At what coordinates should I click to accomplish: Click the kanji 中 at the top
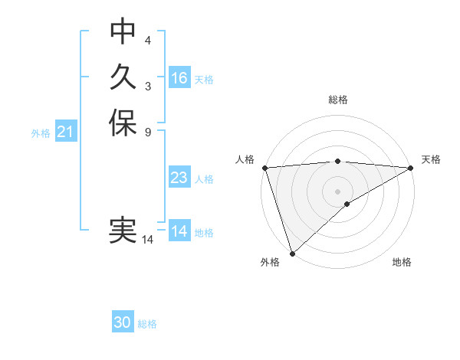[x=123, y=32]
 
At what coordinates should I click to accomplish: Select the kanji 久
[x=123, y=77]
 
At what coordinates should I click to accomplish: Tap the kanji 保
[x=123, y=123]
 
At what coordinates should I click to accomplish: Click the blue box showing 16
[x=179, y=78]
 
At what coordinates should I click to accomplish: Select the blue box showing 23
[x=179, y=178]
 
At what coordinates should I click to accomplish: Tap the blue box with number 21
[x=65, y=132]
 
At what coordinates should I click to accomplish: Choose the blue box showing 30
[x=123, y=322]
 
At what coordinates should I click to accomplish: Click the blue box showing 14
[x=179, y=231]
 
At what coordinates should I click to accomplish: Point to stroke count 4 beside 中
[x=148, y=40]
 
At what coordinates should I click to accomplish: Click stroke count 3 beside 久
[x=148, y=85]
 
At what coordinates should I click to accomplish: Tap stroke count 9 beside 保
[x=148, y=132]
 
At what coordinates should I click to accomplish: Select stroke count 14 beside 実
[x=148, y=240]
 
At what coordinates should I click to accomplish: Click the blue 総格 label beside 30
[x=147, y=324]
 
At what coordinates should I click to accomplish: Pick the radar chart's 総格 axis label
[x=338, y=100]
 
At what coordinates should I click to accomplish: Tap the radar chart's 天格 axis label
[x=431, y=159]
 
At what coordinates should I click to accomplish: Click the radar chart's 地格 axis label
[x=402, y=262]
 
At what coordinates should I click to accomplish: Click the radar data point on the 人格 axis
[x=264, y=168]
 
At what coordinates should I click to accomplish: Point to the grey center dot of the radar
[x=338, y=191]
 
